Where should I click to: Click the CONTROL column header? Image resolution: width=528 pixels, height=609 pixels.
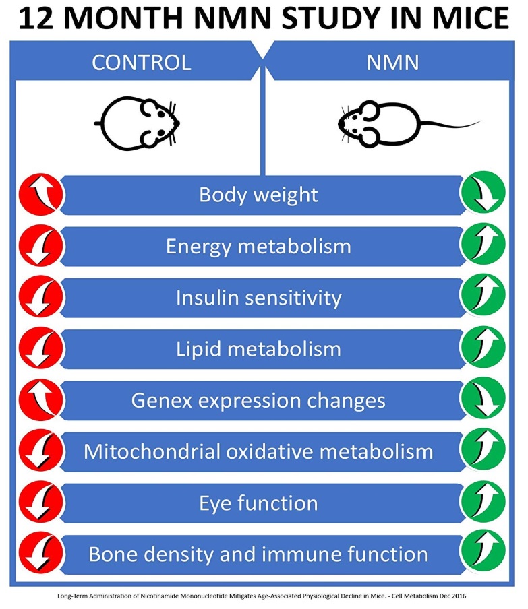pos(141,62)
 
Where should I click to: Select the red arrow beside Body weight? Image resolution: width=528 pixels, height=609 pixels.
pos(41,195)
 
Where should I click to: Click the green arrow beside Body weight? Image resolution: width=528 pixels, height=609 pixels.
pos(483,195)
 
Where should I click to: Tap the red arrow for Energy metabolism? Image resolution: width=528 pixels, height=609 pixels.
pos(41,247)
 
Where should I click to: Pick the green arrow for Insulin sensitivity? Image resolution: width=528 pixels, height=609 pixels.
pos(483,298)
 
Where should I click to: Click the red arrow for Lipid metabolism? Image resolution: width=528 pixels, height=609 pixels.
pos(41,349)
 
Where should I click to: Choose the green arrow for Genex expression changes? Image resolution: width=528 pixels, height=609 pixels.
pos(483,400)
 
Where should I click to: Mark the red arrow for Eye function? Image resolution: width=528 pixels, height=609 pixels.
pos(41,503)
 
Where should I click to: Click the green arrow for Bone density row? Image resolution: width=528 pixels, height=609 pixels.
pos(483,554)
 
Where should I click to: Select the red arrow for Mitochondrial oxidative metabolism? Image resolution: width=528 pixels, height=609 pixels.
pos(41,452)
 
